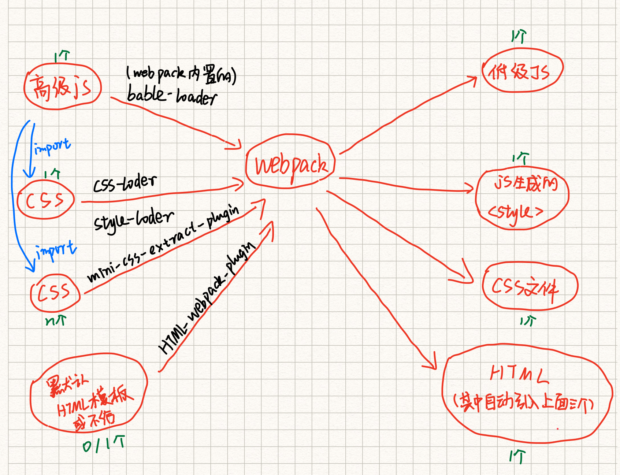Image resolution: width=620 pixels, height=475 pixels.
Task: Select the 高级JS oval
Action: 62,87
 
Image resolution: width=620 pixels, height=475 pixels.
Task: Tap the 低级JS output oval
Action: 521,71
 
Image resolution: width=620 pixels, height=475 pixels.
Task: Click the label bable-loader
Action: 171,96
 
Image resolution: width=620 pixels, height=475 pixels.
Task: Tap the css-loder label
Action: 125,183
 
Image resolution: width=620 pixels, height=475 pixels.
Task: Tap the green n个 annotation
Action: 56,321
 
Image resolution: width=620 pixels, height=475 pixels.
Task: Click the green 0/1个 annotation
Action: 104,444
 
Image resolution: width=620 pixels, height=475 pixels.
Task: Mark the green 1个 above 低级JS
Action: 519,37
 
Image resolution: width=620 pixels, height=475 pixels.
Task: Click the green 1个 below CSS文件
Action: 528,321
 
